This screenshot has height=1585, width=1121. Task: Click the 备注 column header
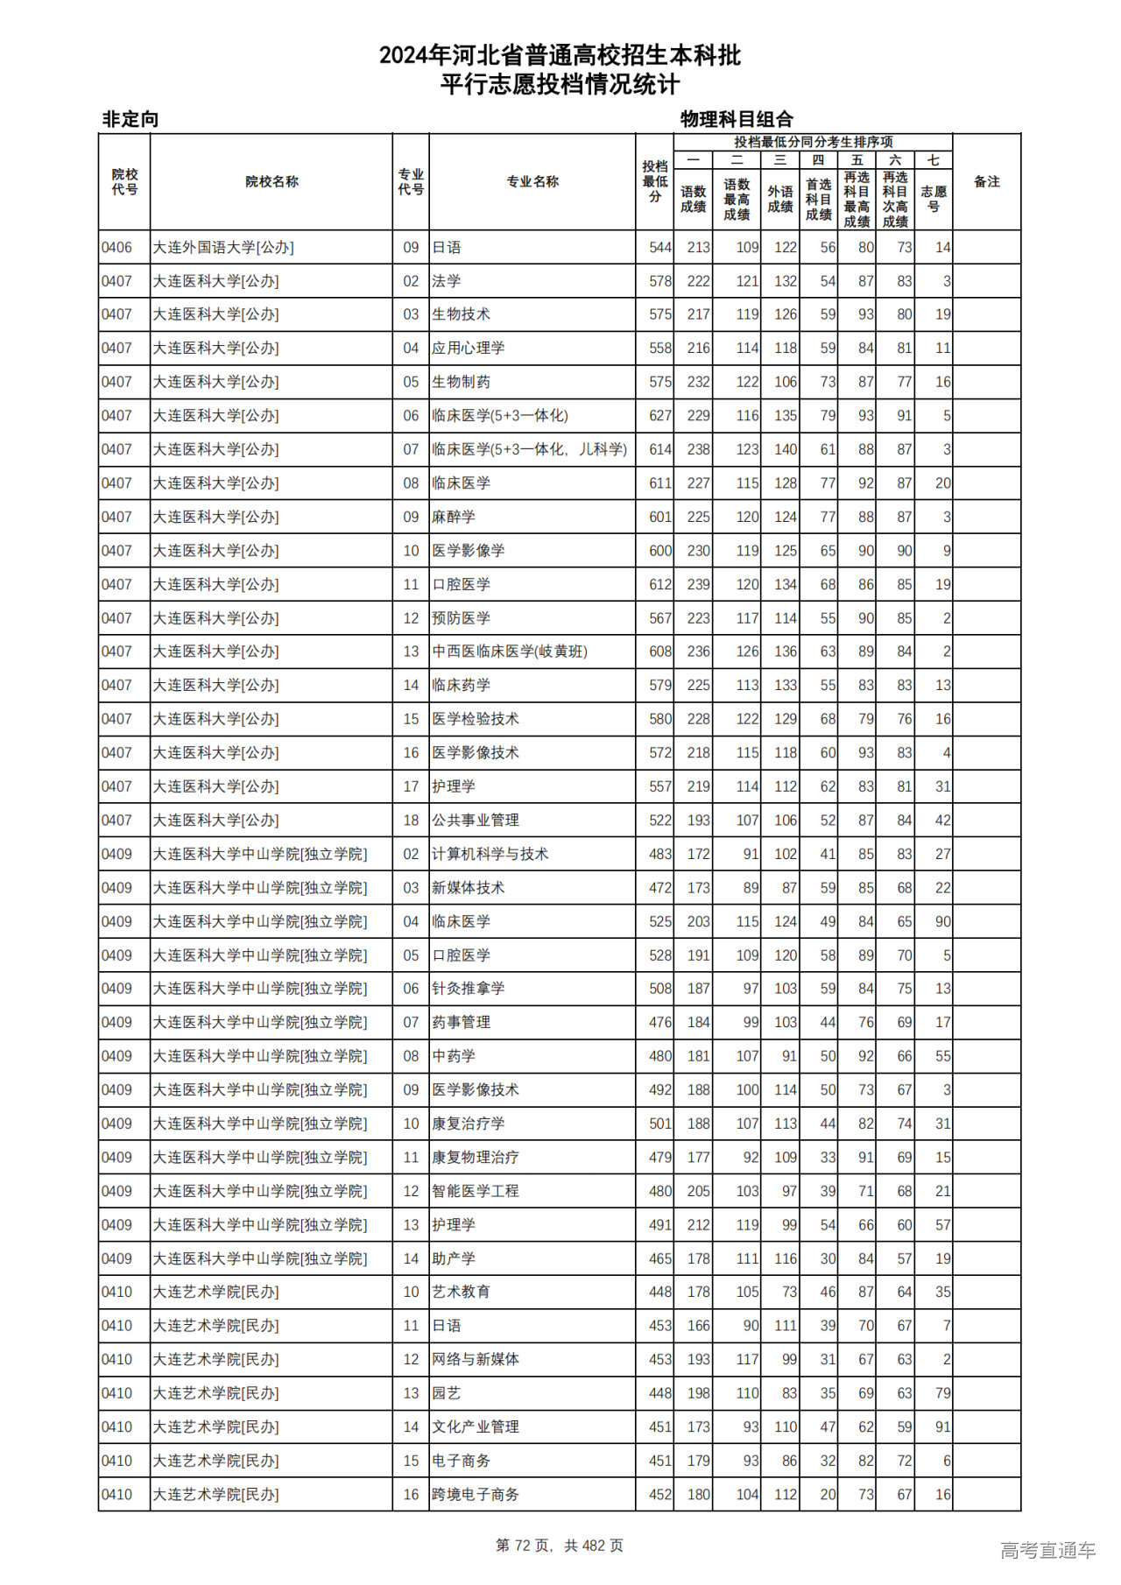pyautogui.click(x=986, y=181)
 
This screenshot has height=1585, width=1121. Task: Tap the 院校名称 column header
pyautogui.click(x=271, y=181)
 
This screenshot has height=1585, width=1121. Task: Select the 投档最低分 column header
pyautogui.click(x=654, y=181)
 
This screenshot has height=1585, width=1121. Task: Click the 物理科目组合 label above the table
pyautogui.click(x=737, y=119)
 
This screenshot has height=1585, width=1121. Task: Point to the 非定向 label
pyautogui.click(x=130, y=119)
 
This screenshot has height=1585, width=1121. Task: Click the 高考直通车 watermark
pyautogui.click(x=1047, y=1550)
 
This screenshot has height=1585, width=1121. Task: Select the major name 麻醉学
pyautogui.click(x=454, y=517)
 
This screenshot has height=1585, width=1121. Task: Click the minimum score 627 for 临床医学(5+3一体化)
pyautogui.click(x=659, y=416)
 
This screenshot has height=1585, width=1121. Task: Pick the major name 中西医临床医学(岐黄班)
pyautogui.click(x=510, y=652)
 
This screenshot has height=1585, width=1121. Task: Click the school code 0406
pyautogui.click(x=116, y=248)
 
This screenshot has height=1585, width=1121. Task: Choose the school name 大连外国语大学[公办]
pyautogui.click(x=223, y=248)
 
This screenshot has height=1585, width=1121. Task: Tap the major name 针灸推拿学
pyautogui.click(x=469, y=989)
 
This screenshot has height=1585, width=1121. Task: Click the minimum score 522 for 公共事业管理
pyautogui.click(x=659, y=821)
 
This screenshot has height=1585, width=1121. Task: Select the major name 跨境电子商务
pyautogui.click(x=476, y=1495)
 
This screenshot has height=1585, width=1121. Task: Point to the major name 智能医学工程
pyautogui.click(x=476, y=1191)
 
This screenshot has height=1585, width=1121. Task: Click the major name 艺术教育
pyautogui.click(x=461, y=1292)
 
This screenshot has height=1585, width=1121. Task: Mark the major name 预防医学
pyautogui.click(x=461, y=618)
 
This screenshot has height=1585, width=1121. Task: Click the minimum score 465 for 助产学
pyautogui.click(x=659, y=1258)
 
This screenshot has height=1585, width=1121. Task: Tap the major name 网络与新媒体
pyautogui.click(x=476, y=1359)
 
